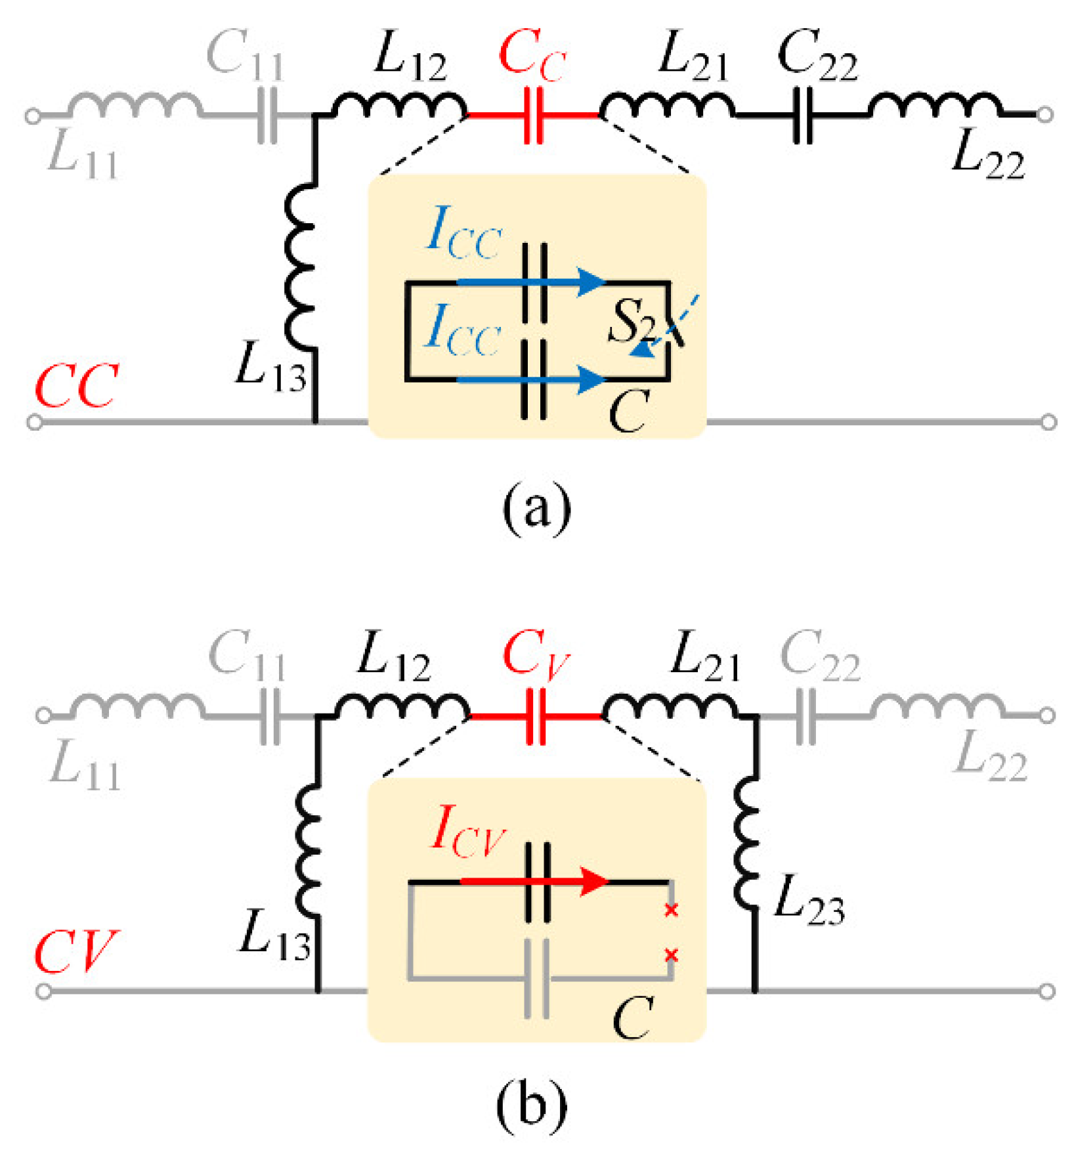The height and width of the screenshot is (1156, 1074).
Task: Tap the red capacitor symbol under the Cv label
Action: (x=536, y=717)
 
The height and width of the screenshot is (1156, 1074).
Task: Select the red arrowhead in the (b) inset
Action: (x=595, y=882)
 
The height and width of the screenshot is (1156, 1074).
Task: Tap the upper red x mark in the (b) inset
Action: (x=671, y=910)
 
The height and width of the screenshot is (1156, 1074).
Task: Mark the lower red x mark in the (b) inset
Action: (x=671, y=955)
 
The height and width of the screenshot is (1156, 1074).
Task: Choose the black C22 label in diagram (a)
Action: (x=818, y=56)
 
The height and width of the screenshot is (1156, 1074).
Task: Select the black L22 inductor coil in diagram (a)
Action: (x=935, y=106)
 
